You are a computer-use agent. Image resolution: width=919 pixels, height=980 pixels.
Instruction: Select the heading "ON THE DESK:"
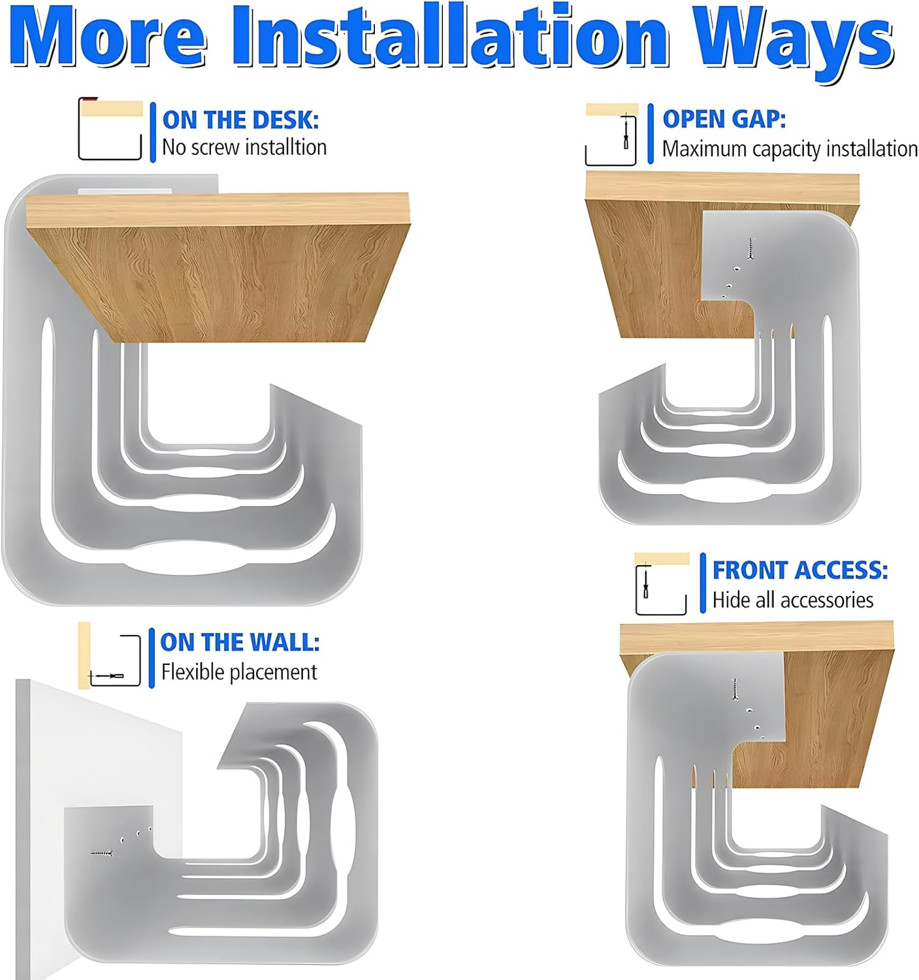pyautogui.click(x=240, y=120)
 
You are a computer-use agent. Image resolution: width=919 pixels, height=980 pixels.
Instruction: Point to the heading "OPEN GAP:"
pyautogui.click(x=724, y=119)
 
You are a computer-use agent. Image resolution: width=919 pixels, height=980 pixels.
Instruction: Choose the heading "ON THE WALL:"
pyautogui.click(x=240, y=642)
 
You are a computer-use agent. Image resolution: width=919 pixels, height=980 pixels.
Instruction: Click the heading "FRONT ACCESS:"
pyautogui.click(x=800, y=570)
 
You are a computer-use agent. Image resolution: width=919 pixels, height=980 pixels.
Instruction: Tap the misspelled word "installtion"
pyautogui.click(x=286, y=147)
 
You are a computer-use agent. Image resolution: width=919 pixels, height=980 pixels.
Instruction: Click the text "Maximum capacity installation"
pyautogui.click(x=790, y=149)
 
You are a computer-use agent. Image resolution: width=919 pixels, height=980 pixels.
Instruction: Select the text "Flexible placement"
pyautogui.click(x=239, y=672)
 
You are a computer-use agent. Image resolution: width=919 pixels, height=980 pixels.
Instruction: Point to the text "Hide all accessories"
pyautogui.click(x=793, y=600)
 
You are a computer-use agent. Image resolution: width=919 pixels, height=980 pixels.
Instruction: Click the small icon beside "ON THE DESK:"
pyautogui.click(x=110, y=129)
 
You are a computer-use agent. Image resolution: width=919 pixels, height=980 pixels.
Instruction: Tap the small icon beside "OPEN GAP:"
pyautogui.click(x=611, y=134)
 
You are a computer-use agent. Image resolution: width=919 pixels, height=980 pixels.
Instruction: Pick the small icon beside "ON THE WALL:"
pyautogui.click(x=109, y=655)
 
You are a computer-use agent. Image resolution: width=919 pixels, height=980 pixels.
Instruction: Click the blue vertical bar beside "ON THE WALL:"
pyautogui.click(x=152, y=658)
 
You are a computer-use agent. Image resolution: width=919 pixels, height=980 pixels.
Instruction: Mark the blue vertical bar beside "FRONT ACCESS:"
pyautogui.click(x=703, y=583)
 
